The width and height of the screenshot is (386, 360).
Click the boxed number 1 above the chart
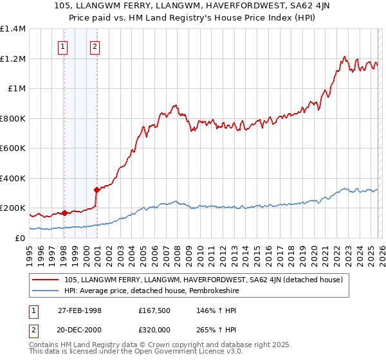coord(63,46)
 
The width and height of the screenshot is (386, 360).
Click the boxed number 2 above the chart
coord(95,46)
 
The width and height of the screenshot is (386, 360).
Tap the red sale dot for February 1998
coord(64,213)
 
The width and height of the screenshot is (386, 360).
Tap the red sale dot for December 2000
coord(96,190)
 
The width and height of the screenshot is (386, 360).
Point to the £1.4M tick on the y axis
coord(13,29)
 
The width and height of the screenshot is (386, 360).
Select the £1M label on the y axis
coord(17,89)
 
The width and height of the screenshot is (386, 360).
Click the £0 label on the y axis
coord(20,238)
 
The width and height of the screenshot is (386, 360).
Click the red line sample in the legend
coord(45,280)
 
